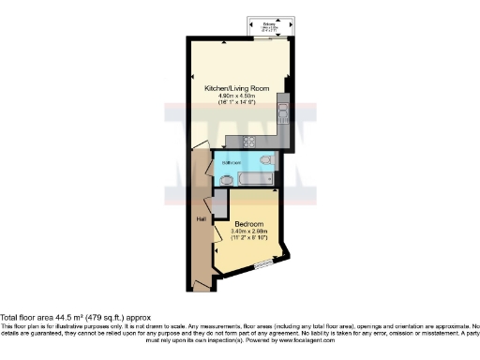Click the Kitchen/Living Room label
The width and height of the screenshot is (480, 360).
click(x=237, y=88)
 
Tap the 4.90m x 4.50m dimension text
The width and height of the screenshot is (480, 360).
click(x=237, y=96)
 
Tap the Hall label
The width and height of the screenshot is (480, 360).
click(x=201, y=218)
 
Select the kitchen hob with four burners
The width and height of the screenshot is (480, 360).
click(x=250, y=142)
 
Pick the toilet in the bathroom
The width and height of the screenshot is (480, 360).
click(x=266, y=161)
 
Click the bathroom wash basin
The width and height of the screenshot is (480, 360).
click(x=226, y=179)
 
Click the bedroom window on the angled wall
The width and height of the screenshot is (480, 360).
click(x=264, y=265)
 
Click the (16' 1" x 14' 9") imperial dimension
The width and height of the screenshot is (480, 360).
click(x=237, y=103)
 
